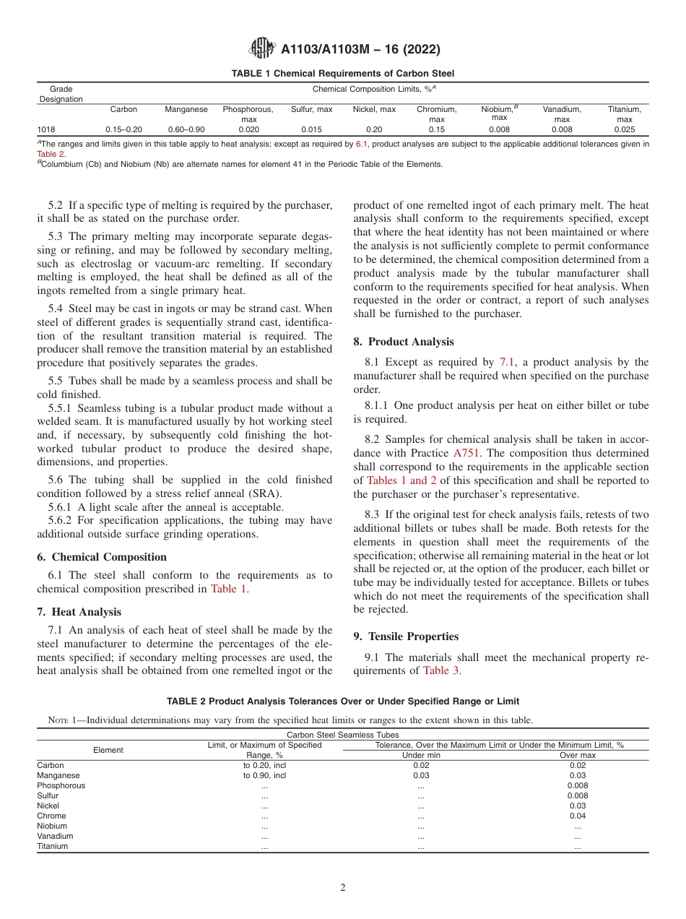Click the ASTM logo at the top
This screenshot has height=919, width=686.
coord(261,49)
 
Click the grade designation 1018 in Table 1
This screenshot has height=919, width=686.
coord(45,129)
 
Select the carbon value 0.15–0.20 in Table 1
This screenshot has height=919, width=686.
coord(123,129)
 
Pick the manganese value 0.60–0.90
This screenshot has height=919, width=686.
coord(186,129)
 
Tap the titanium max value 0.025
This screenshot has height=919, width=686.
coord(624,129)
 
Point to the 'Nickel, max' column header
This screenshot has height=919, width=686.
coord(374,110)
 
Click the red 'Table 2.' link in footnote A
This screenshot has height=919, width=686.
coord(51,154)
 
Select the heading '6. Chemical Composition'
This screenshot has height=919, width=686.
coord(102,557)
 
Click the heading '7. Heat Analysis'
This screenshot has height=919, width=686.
coord(79,612)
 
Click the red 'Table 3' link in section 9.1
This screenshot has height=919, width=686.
coord(440,670)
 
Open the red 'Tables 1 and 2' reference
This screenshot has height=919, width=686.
coord(401,480)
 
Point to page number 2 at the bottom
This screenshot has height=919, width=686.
coord(342,888)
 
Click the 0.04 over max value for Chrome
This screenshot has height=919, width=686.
coord(577,816)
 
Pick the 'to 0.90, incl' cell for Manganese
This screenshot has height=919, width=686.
coord(264,775)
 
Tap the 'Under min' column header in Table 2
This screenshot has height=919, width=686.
coord(420,755)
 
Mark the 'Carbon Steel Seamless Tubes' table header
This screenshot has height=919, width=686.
coord(342,735)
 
